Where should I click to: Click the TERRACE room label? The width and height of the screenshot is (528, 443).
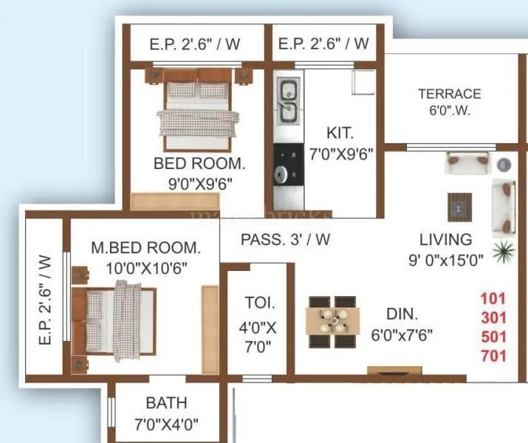click(449, 94)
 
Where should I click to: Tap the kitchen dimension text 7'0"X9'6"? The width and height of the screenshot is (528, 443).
click(340, 154)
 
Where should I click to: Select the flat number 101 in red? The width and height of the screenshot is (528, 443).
click(493, 300)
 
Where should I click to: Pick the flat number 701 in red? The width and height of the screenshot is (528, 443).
click(493, 357)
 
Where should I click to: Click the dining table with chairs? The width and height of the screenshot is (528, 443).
click(333, 322)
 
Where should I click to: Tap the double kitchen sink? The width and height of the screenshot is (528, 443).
click(287, 103)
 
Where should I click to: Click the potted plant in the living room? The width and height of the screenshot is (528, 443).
click(504, 250)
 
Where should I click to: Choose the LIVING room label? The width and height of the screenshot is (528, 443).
click(445, 239)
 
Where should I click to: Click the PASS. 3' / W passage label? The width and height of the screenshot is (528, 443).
click(285, 239)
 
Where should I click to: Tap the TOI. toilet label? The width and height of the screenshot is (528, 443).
click(259, 302)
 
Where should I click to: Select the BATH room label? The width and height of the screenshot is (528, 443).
click(166, 403)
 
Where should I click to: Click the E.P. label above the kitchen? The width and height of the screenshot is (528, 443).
click(323, 44)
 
